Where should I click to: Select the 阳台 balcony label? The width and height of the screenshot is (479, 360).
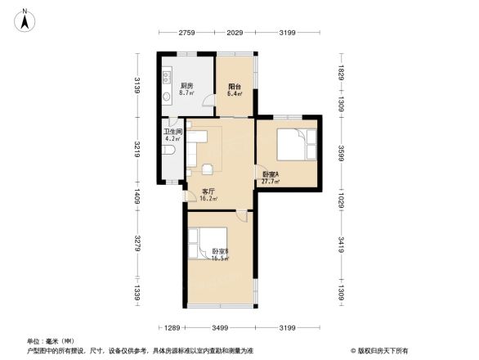coord(235,89)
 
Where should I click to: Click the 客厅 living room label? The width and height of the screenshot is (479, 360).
coord(208,194)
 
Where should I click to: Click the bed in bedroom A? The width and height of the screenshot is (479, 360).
coord(293,145)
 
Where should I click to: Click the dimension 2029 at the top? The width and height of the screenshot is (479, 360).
coord(235,33)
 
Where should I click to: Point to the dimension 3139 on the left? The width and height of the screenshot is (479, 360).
coord(138,85)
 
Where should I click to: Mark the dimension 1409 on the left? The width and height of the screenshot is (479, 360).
coord(138,196)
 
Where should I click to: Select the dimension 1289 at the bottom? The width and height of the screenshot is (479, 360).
coord(170,328)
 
